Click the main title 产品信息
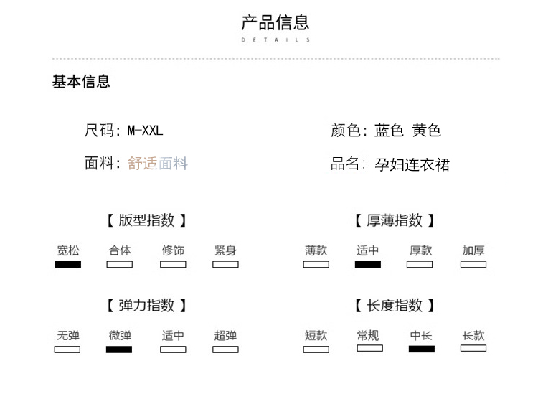275,23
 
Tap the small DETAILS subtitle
275,40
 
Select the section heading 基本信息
81,82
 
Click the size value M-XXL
145,131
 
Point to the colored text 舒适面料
158,164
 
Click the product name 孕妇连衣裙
412,165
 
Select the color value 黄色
427,131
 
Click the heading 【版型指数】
146,220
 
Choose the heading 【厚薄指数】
395,220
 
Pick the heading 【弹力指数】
146,306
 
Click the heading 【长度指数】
395,306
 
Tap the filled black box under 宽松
68,264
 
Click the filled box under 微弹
119,350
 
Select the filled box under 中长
422,350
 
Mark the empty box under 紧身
225,264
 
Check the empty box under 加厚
473,264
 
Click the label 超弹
225,335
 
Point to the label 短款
316,335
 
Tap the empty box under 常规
369,348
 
